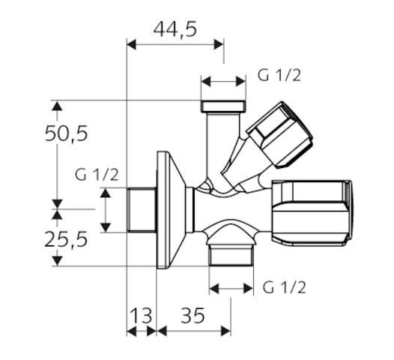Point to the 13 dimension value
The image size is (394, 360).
[141, 315]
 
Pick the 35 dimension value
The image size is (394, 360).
[192, 315]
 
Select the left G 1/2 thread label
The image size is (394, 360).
[97, 174]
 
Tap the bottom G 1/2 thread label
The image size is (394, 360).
[284, 287]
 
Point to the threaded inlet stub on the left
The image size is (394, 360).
[142, 210]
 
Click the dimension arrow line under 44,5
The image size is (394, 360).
[175, 44]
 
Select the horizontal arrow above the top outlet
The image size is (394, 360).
[223, 79]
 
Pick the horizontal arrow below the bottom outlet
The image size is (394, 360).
[229, 286]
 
